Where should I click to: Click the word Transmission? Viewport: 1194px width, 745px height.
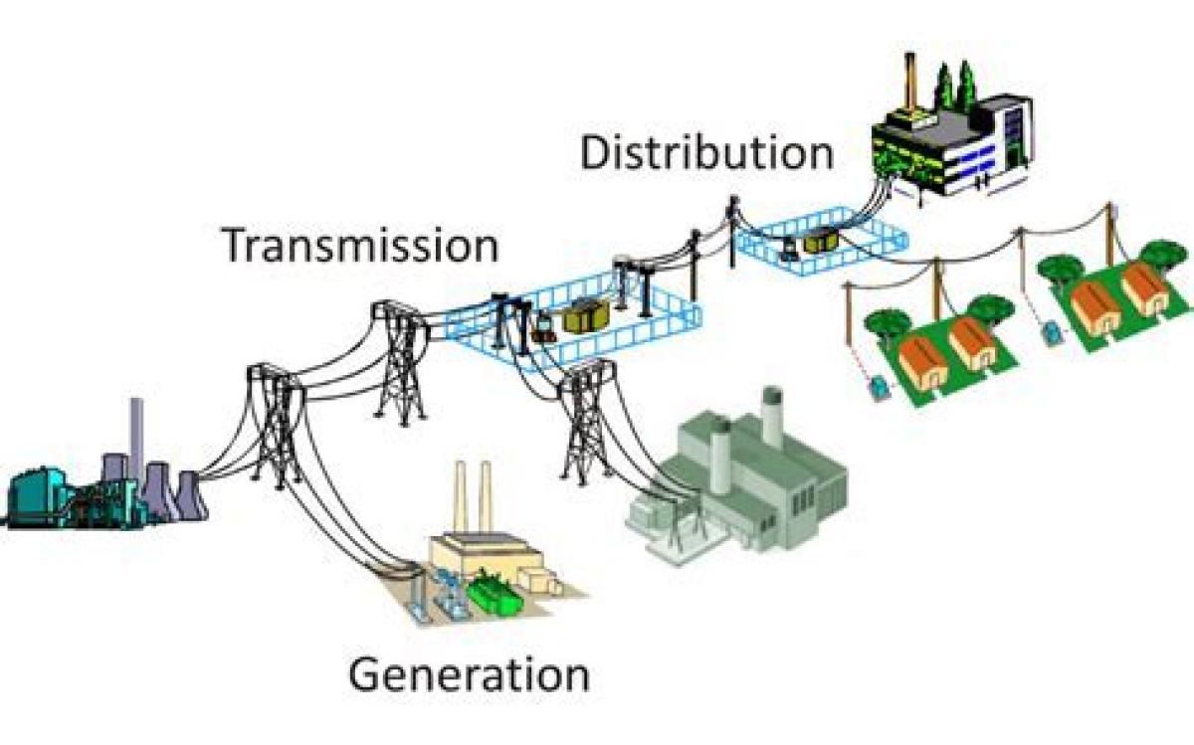[x=362, y=245]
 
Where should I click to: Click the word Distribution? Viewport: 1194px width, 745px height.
[x=706, y=153]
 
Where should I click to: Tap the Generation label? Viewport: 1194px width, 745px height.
[x=469, y=674]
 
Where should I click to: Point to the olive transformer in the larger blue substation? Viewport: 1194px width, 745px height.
[x=586, y=315]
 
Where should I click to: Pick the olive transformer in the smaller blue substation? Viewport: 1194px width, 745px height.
[x=822, y=241]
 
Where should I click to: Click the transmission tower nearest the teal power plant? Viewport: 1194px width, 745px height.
[x=277, y=426]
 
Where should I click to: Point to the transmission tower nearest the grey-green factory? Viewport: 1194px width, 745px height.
[x=586, y=421]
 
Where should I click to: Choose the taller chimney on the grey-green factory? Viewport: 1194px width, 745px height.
[x=772, y=417]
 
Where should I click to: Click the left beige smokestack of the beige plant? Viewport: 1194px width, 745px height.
[x=461, y=498]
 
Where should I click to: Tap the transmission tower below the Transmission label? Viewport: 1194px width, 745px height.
[x=401, y=363]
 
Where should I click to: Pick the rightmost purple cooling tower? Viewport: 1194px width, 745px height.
[x=190, y=494]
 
